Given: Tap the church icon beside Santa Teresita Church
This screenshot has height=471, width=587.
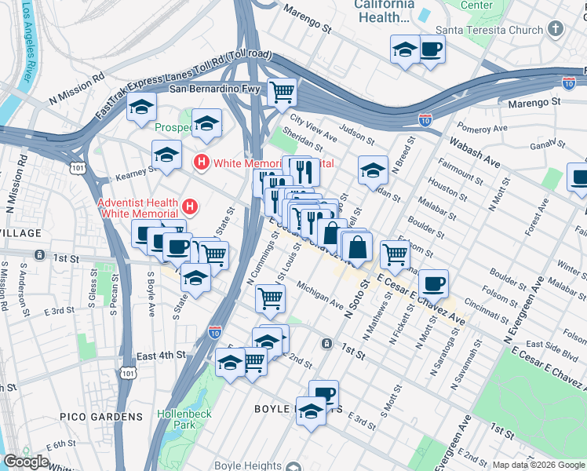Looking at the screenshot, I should coord(556,30).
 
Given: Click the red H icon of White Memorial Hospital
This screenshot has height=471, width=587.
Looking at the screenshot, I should coord(201,162).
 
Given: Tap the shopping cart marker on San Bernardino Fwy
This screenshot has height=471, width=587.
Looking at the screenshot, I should coord(282,92).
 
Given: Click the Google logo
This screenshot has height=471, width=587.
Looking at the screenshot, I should coord(26,462).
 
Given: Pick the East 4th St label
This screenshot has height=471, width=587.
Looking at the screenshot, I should coord(160,356).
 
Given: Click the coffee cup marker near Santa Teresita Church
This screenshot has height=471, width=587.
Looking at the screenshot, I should coord(430,50).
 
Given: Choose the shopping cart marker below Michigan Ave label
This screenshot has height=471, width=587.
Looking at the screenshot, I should coord(270,298).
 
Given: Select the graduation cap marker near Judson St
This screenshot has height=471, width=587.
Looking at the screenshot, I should coord(373,169).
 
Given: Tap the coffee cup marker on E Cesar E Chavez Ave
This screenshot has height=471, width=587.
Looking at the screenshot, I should coord(432,283).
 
